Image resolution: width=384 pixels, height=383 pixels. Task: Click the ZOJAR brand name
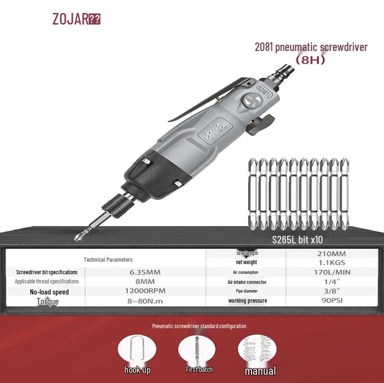[x=70, y=19]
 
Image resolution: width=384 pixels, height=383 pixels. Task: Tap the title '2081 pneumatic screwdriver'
[x=311, y=47]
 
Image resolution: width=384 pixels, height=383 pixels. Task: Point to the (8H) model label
[x=310, y=60]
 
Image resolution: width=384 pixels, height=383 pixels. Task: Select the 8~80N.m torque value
[x=145, y=301]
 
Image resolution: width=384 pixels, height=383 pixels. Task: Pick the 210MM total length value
[x=331, y=254]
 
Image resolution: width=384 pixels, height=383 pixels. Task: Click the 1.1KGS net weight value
[x=331, y=263]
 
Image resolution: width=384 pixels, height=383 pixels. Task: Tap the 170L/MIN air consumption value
[x=331, y=272]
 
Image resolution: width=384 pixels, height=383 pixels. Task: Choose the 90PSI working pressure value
[x=331, y=301]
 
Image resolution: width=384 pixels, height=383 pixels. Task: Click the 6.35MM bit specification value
[x=145, y=272]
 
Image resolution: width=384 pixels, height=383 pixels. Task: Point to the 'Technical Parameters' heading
[x=108, y=259]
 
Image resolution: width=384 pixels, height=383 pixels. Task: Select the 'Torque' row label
[x=48, y=302]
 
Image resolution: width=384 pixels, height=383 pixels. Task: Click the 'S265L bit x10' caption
[x=297, y=240]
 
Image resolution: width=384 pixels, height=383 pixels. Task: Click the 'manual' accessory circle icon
[x=258, y=348]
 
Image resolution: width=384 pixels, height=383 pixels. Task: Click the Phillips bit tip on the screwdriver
[x=79, y=236]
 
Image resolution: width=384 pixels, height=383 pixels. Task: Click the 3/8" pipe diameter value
[x=331, y=291]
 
